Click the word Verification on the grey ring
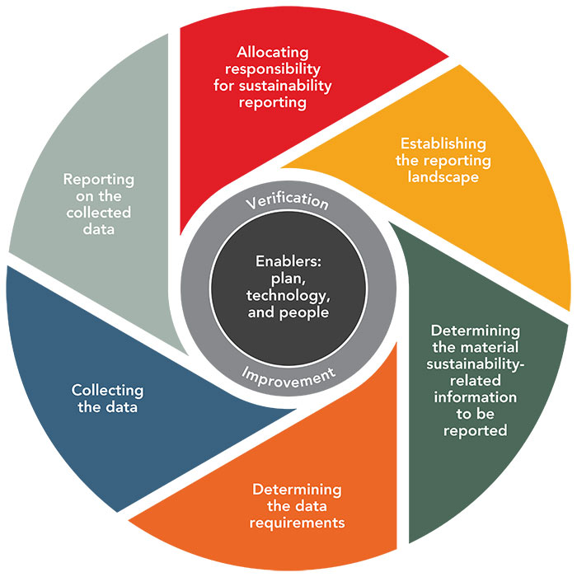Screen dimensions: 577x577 pyautogui.click(x=289, y=200)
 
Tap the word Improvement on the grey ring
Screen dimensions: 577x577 pyautogui.click(x=288, y=375)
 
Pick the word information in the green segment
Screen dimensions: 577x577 pyautogui.click(x=475, y=397)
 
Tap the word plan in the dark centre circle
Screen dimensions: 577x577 pyautogui.click(x=288, y=279)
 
